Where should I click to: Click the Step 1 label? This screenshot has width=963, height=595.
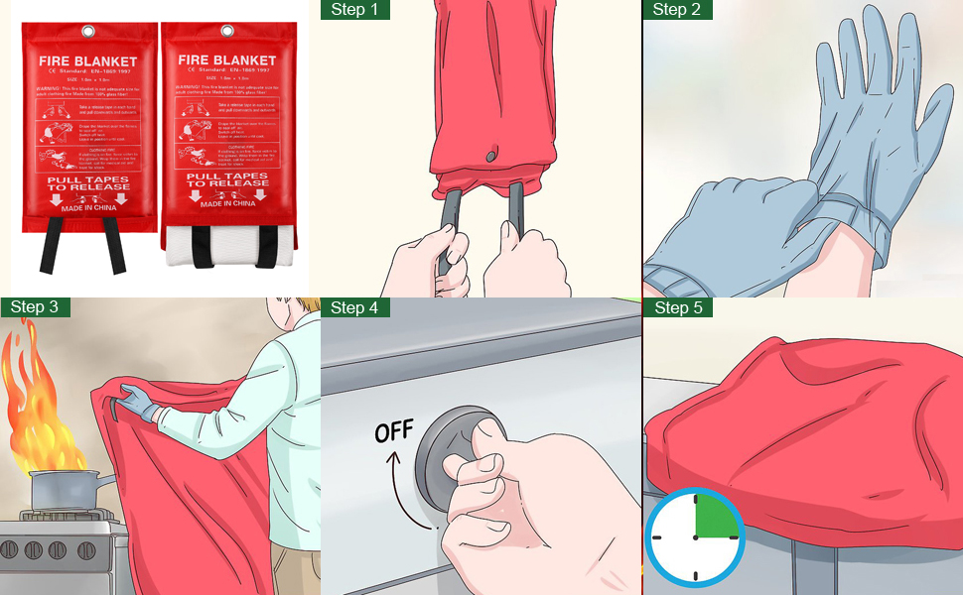click(355, 10)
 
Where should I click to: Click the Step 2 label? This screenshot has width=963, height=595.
click(677, 10)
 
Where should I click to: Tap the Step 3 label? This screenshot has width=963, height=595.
click(35, 307)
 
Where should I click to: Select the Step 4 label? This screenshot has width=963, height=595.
click(355, 307)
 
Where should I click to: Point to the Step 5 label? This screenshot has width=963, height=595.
click(677, 307)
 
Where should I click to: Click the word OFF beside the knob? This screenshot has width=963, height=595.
click(393, 433)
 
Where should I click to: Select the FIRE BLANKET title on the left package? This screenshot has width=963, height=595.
click(88, 60)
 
